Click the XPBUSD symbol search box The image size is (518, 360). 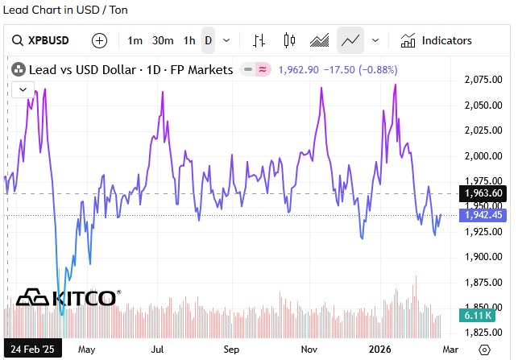(x=50, y=40)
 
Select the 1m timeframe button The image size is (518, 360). (x=135, y=40)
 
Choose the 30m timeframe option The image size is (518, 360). (x=163, y=40)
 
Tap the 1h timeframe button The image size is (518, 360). (x=189, y=40)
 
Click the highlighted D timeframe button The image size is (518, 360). (x=208, y=40)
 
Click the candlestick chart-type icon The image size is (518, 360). (x=290, y=40)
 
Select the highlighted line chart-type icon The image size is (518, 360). (x=350, y=40)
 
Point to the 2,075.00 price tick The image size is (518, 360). (x=484, y=79)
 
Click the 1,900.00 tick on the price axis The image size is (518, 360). (x=484, y=257)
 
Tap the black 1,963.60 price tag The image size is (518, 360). (x=484, y=193)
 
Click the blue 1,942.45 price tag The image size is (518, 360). (x=484, y=215)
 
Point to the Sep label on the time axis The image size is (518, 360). (x=231, y=350)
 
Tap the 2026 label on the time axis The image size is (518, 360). (x=380, y=350)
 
